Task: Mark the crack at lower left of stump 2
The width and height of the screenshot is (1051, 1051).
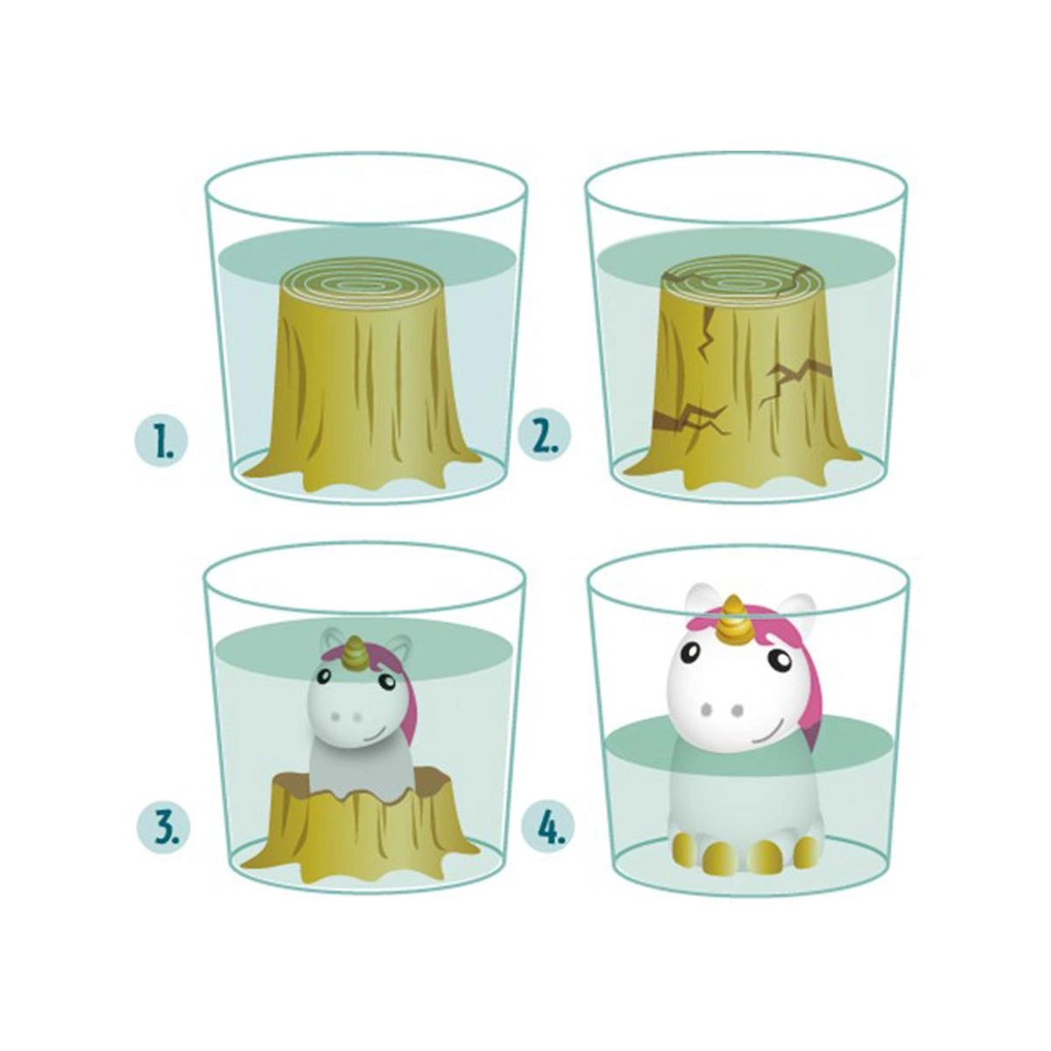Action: (691, 419)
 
